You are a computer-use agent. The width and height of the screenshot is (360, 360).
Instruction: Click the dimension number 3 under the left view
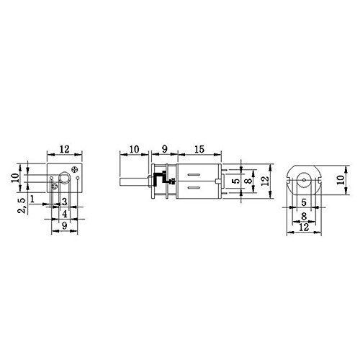coord(65,201)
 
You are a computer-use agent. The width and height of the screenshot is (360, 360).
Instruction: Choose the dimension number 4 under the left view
coord(64,214)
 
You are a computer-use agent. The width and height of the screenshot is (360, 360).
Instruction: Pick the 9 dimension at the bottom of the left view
coord(65,227)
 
